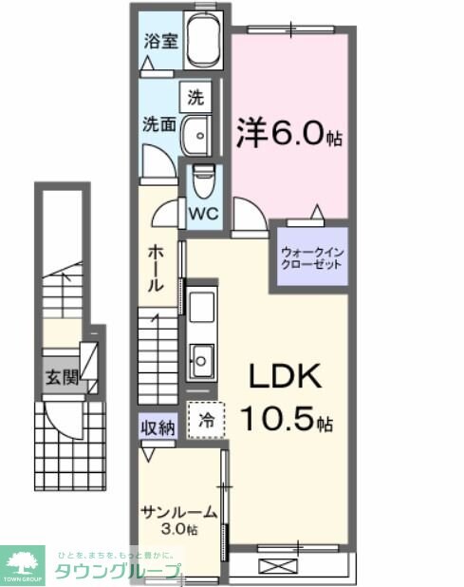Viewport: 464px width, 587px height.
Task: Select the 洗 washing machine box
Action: click(195, 97)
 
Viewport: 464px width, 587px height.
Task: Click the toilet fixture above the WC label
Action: click(201, 179)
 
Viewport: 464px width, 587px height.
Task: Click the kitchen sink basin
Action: click(201, 358)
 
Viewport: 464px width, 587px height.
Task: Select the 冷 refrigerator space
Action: click(206, 417)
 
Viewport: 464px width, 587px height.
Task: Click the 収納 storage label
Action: click(158, 427)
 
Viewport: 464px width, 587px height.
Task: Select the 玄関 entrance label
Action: click(57, 376)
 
